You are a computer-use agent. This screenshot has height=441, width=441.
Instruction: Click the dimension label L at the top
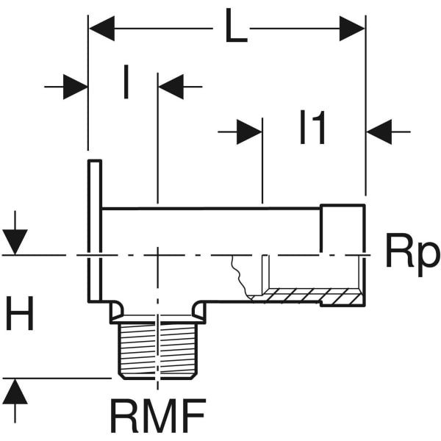[236, 29]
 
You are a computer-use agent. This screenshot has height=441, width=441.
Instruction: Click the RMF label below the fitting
[157, 416]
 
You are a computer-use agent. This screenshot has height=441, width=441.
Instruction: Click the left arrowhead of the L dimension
[101, 30]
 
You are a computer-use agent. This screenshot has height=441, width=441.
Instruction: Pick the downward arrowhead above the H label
[15, 241]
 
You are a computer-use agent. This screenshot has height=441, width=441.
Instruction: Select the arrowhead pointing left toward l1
[379, 132]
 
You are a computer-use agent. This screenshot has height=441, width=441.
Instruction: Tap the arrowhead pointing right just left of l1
[249, 132]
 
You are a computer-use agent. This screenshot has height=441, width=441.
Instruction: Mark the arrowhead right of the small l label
[171, 87]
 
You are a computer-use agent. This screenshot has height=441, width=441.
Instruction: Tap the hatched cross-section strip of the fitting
[309, 296]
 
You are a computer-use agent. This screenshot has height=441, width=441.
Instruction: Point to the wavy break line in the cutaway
[239, 276]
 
